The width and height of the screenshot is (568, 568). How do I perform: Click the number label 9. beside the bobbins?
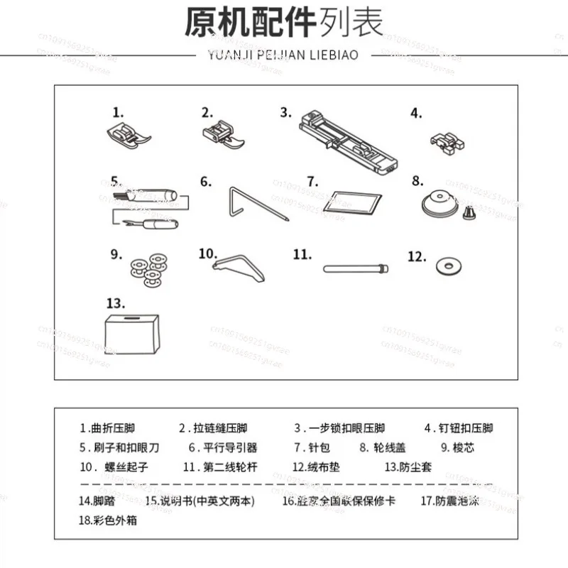[x=117, y=253]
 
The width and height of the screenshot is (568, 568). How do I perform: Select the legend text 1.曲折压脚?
[x=107, y=428]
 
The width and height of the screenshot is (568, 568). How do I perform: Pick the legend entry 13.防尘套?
[x=408, y=467]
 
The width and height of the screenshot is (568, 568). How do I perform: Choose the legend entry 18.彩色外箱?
[x=108, y=520]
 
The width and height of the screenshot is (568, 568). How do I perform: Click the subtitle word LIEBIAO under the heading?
[x=334, y=54]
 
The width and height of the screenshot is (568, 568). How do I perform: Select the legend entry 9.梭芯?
[x=457, y=448]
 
